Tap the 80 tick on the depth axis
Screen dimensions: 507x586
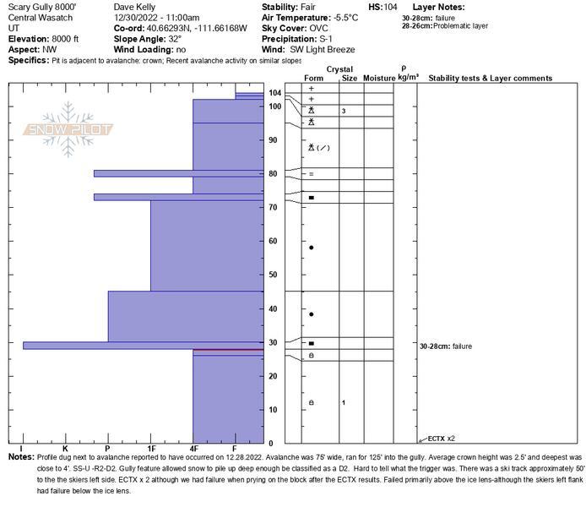click(x=273, y=173)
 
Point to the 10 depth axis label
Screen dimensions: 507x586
click(x=273, y=410)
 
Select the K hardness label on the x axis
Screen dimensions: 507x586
click(x=65, y=449)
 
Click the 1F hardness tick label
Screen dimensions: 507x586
click(x=152, y=449)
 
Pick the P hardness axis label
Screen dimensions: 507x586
click(x=107, y=449)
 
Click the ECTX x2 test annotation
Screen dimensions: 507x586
click(x=441, y=439)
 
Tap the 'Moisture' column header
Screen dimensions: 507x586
click(x=379, y=79)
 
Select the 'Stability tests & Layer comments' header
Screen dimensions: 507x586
click(x=490, y=79)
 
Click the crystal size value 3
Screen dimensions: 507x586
click(x=344, y=112)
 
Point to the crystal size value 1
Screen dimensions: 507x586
click(x=344, y=402)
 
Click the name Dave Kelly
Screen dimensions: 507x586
click(x=133, y=6)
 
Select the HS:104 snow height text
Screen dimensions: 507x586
click(x=383, y=6)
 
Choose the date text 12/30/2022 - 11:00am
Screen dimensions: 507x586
click(x=156, y=17)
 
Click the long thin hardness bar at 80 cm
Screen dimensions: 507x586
click(x=144, y=173)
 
